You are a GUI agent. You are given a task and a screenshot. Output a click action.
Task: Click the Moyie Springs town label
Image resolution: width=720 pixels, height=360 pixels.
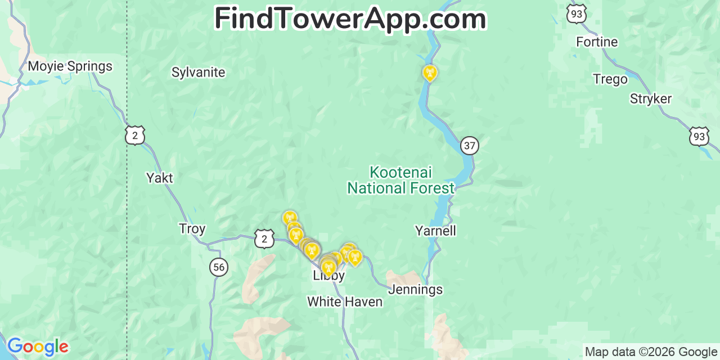click(x=70, y=66)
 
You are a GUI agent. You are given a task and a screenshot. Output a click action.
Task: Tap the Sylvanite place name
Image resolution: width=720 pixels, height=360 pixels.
click(x=198, y=72)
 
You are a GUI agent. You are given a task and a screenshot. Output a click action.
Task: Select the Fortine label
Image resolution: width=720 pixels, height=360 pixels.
click(x=596, y=42)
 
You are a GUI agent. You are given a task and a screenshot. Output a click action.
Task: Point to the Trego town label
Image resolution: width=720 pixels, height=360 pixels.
click(x=610, y=80)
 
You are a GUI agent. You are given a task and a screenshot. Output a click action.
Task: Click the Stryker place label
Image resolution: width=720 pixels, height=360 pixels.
click(x=650, y=99)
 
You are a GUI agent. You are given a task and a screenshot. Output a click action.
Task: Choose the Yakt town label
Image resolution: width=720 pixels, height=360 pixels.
click(x=159, y=178)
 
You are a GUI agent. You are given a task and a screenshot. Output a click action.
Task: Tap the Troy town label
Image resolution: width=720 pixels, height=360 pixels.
click(x=192, y=229)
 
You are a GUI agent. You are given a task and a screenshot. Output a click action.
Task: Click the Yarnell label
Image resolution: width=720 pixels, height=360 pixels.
click(x=435, y=231)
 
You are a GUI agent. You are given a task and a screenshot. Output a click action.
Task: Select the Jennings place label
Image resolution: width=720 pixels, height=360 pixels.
click(x=415, y=290)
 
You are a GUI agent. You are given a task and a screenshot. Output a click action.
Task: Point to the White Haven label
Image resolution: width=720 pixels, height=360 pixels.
click(x=344, y=302)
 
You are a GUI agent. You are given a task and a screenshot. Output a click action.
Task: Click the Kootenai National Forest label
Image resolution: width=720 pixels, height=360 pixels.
click(x=400, y=180)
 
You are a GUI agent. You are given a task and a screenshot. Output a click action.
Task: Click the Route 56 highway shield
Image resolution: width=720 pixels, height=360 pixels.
click(x=219, y=267)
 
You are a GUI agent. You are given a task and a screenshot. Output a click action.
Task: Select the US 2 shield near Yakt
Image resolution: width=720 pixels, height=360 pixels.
click(x=135, y=136)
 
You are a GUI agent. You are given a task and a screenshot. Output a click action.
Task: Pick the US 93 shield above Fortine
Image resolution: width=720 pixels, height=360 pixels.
click(x=577, y=14)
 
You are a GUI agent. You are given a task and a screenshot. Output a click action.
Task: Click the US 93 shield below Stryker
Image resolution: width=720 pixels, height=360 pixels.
click(x=699, y=136)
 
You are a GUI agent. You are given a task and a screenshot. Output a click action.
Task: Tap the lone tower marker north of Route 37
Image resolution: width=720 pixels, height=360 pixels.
click(x=430, y=73)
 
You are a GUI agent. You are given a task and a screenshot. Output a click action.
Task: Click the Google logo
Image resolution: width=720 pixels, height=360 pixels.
click(x=37, y=346)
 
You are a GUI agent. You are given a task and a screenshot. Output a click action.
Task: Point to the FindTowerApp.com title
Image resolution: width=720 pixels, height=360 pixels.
click(x=350, y=19)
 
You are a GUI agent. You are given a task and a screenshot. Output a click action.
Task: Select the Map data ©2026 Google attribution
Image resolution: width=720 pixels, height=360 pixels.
click(x=651, y=352)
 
